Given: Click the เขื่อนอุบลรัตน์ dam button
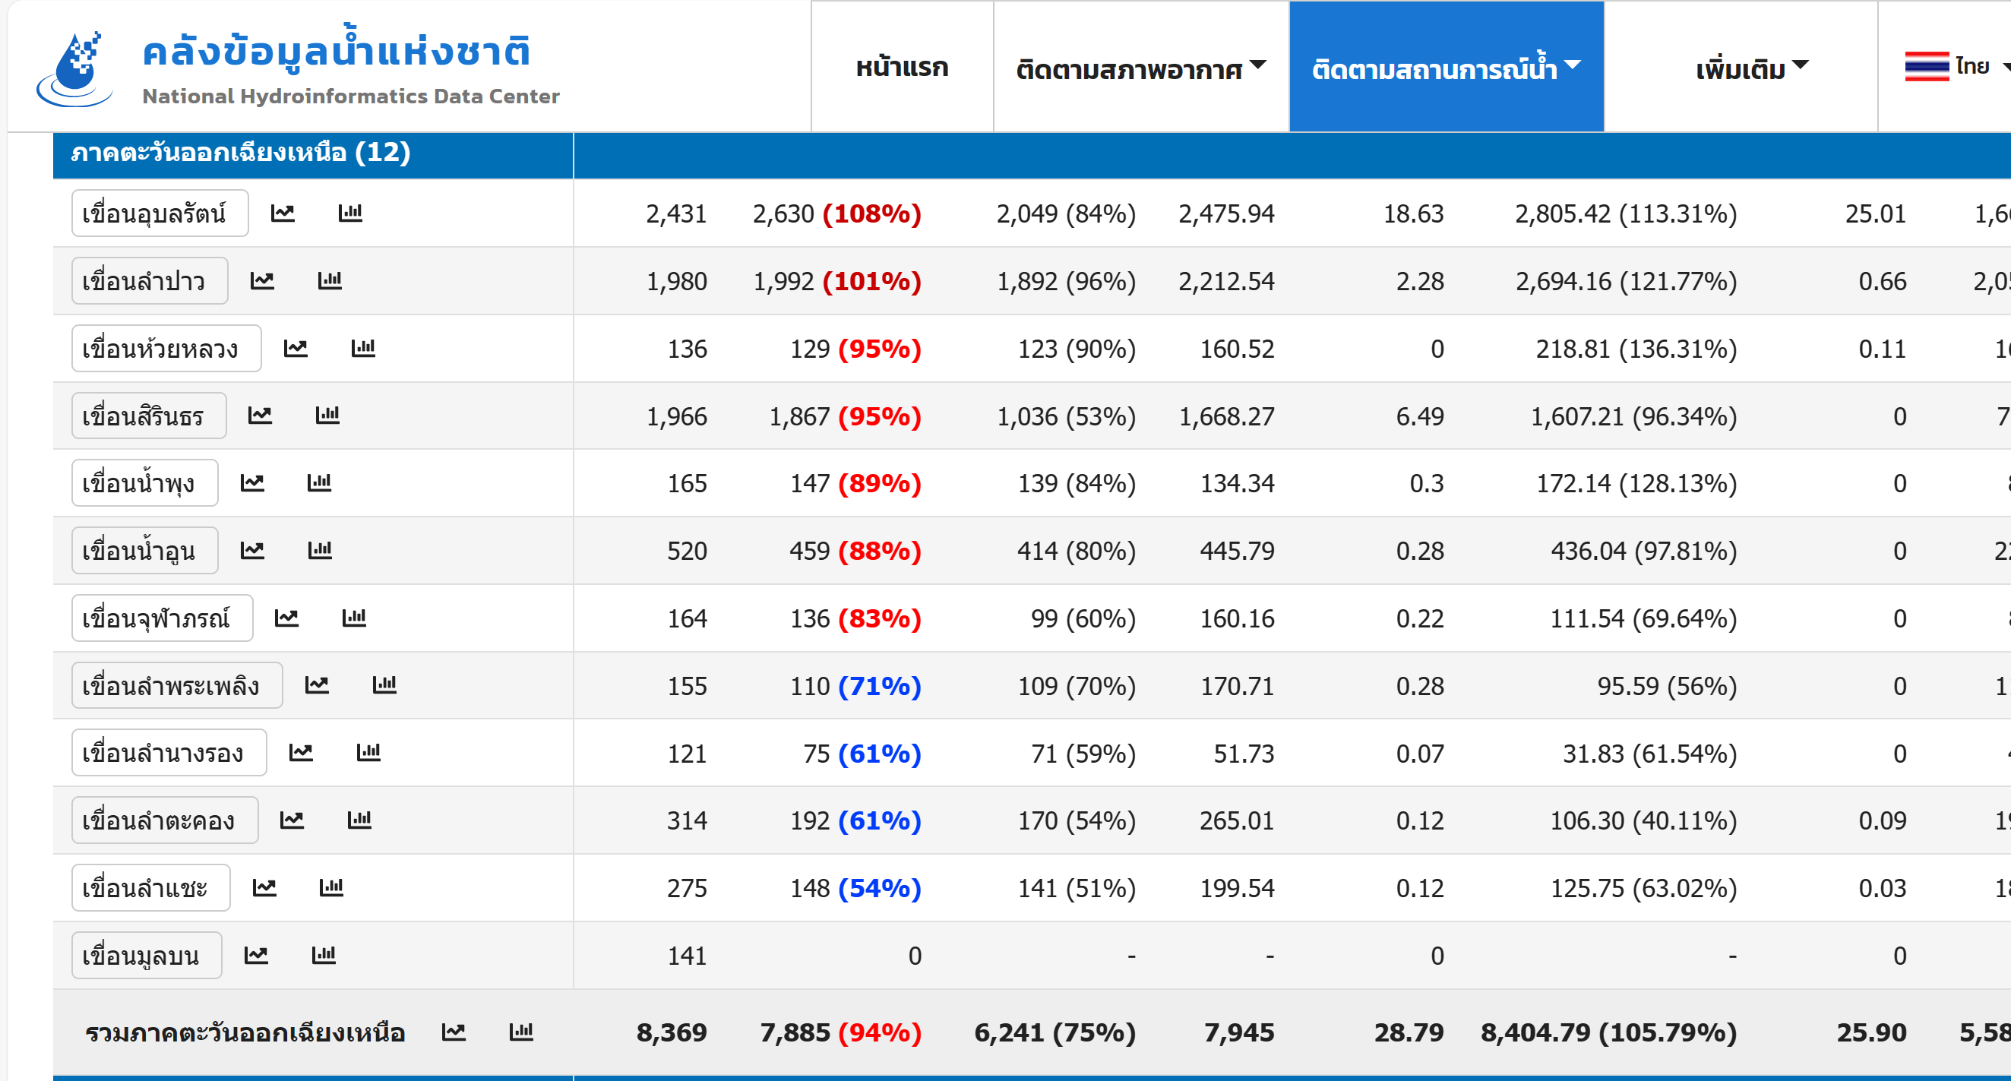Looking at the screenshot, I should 160,213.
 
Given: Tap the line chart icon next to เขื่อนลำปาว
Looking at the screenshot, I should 261,280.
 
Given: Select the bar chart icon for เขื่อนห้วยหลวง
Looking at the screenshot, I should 363,347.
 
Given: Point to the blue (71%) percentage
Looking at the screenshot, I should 880,685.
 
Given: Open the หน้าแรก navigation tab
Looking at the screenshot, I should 902,67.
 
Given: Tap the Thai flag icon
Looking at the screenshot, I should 1927,66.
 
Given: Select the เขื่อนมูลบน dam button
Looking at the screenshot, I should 146,955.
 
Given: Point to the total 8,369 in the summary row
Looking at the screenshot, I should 671,1032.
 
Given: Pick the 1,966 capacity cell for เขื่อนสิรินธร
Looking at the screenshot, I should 676,416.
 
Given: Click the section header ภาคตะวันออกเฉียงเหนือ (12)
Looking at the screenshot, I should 240,152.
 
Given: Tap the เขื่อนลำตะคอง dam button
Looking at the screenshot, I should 165,820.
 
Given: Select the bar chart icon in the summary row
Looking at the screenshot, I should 520,1032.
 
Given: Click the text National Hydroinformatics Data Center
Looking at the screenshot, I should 350,96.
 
